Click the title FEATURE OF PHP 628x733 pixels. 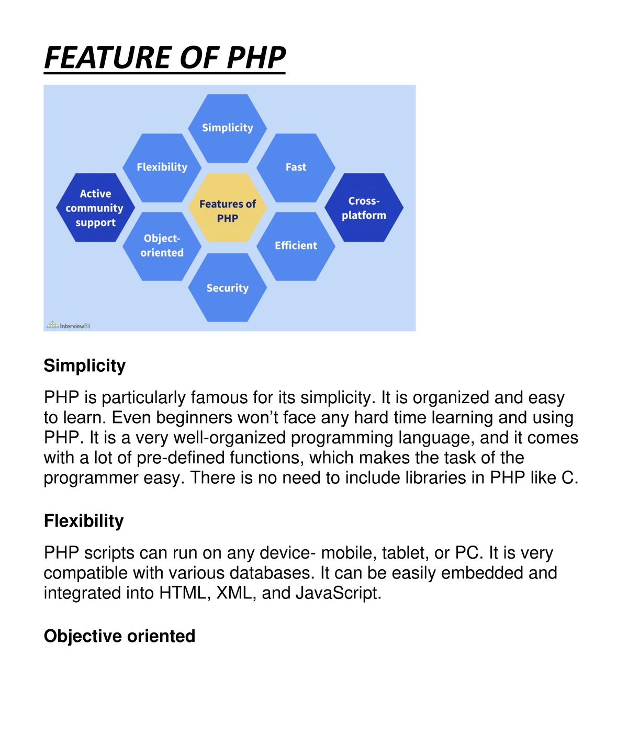click(165, 58)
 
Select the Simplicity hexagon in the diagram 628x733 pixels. click(228, 128)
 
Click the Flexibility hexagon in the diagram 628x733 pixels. click(162, 168)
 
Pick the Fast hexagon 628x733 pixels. click(296, 168)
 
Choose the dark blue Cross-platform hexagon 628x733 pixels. click(364, 208)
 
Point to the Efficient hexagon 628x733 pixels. click(296, 246)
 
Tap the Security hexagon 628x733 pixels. click(228, 288)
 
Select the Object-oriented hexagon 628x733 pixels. click(162, 246)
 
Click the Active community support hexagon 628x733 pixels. click(95, 208)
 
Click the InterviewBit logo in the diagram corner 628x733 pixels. click(69, 326)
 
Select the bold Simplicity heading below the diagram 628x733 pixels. click(85, 365)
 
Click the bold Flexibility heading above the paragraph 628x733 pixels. click(84, 521)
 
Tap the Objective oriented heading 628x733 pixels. click(119, 636)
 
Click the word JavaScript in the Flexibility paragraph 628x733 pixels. click(338, 593)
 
